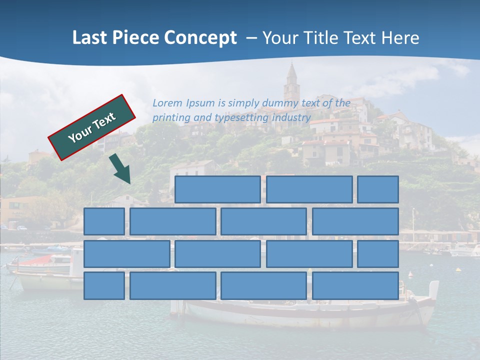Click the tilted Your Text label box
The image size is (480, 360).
[x=92, y=127]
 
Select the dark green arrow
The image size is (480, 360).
[x=120, y=169]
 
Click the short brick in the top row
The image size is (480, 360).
[x=378, y=189]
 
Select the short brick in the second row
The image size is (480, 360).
[x=104, y=221]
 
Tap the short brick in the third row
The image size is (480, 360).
[x=378, y=254]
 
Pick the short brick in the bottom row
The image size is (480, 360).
[x=104, y=286]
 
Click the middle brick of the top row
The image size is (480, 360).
[x=309, y=189]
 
